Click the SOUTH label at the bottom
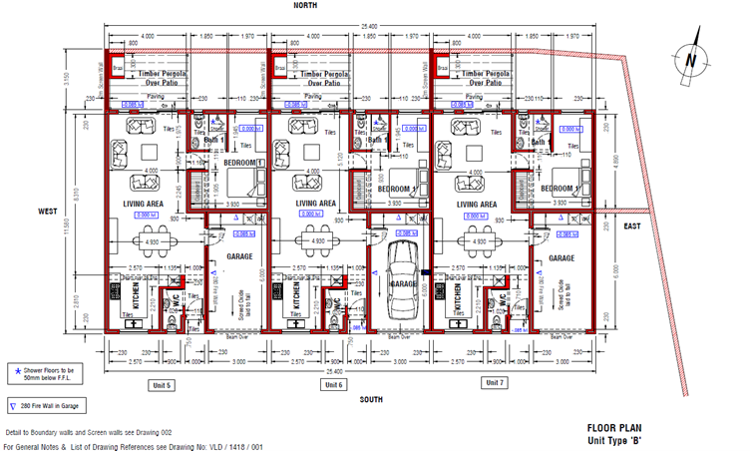pos(372,399)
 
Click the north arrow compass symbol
pos(690,60)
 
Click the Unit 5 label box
pos(163,382)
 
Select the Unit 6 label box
pos(333,382)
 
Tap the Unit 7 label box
pos(495,382)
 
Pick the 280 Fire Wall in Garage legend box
pos(46,405)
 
